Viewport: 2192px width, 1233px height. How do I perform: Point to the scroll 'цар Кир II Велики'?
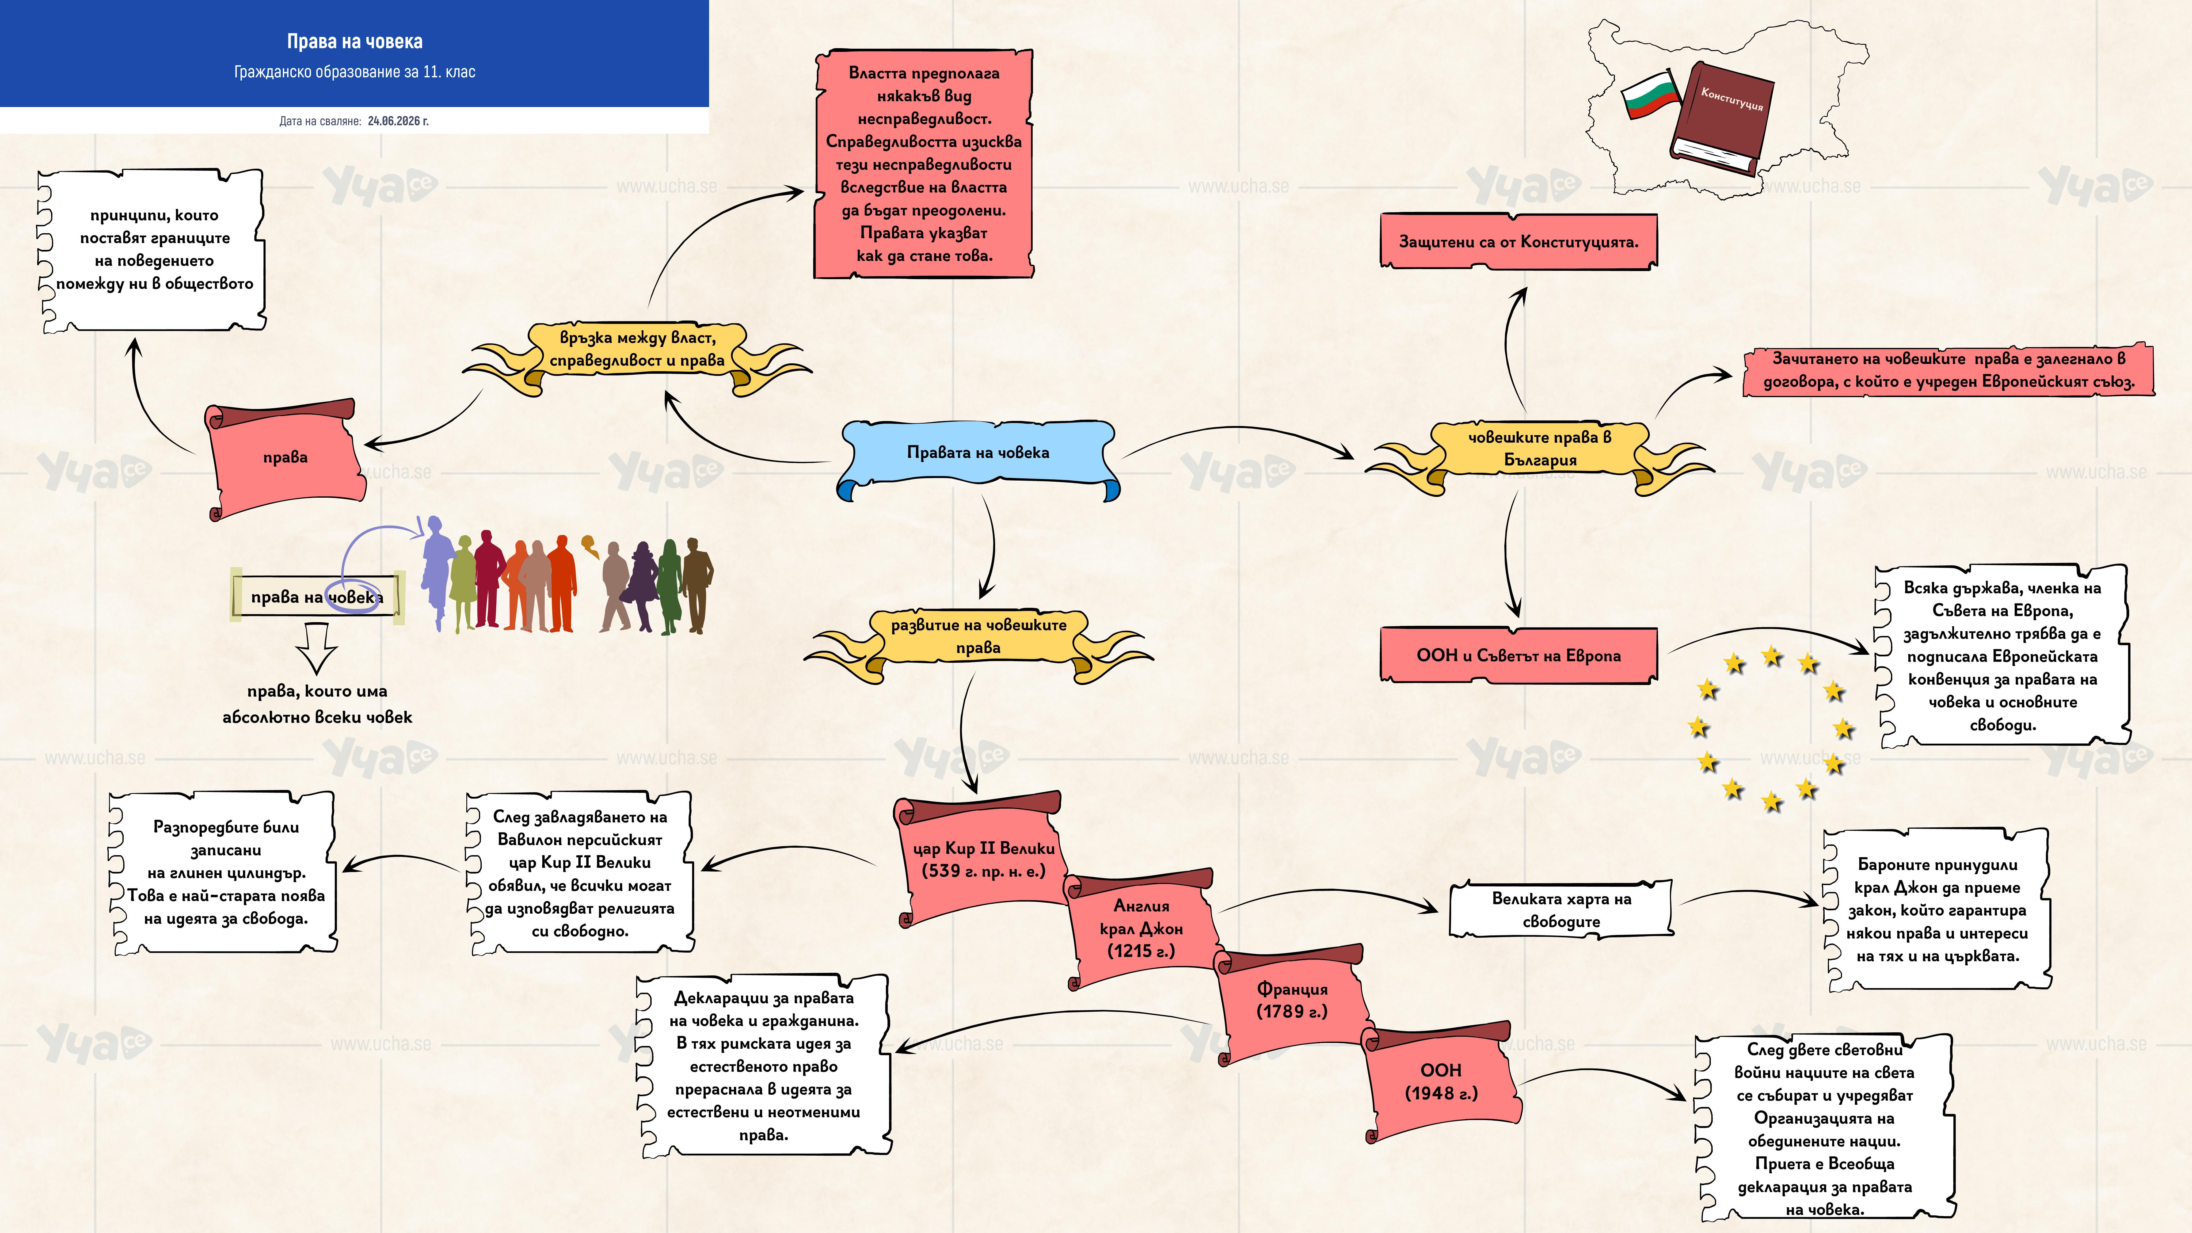pos(980,859)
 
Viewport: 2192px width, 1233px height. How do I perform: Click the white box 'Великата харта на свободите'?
pos(1562,910)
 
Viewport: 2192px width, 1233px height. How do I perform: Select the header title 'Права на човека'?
pos(355,42)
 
